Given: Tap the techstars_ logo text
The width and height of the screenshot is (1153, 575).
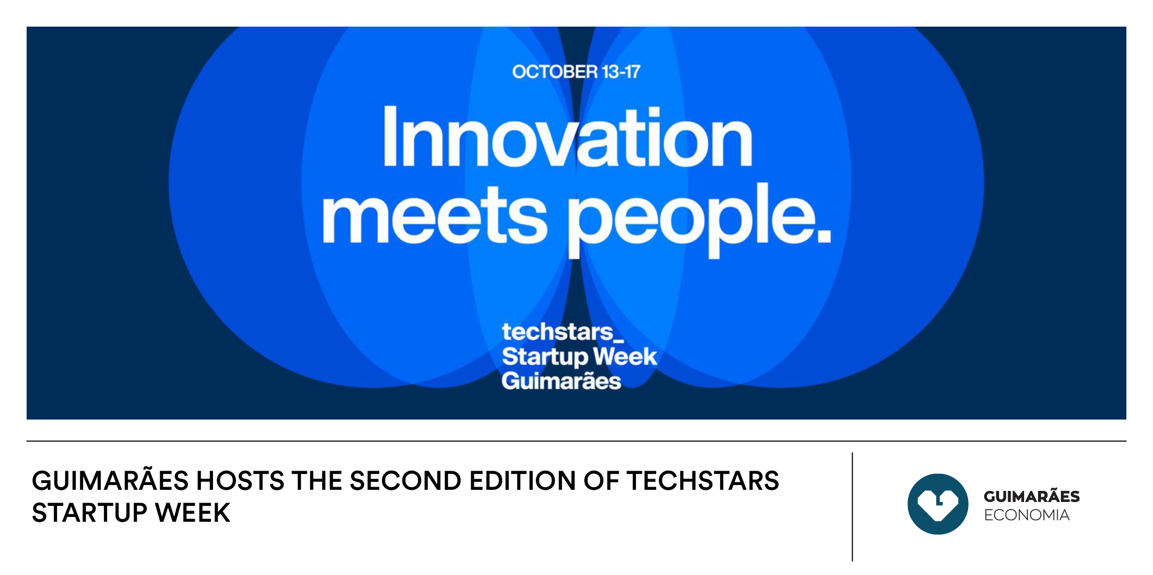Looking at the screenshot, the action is coord(562,332).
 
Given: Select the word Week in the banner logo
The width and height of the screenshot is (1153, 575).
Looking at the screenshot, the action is coord(625,356).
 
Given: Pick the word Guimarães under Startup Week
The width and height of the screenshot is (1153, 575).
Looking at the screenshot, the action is coord(561,380).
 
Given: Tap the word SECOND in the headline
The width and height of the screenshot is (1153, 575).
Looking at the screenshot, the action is coord(405,481).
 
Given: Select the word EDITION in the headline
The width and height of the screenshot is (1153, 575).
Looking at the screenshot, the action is coord(523,481).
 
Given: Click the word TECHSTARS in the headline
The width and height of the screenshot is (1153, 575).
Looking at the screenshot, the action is coord(703,481).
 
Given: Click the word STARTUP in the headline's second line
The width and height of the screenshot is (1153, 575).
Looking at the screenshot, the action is coord(89,513).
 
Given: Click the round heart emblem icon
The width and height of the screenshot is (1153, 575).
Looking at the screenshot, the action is coord(938,504).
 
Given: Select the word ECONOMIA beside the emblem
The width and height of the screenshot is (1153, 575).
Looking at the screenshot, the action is coord(1027,515).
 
